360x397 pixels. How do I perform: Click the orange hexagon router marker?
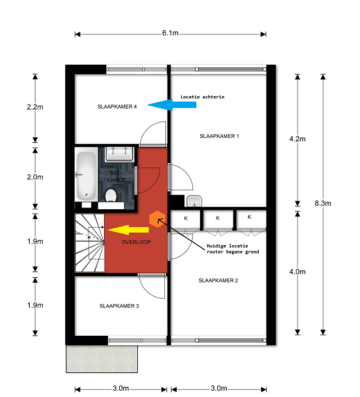[157, 219]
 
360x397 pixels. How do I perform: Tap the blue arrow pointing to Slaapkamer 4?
[172, 105]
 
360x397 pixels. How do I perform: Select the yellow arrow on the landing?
[128, 230]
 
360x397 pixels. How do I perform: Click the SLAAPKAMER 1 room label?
[219, 136]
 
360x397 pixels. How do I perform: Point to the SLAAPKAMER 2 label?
[218, 281]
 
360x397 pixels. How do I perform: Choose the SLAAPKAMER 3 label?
[119, 306]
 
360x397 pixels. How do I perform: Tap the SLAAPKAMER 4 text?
[117, 107]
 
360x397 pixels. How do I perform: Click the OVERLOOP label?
[136, 242]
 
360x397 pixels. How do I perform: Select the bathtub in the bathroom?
[86, 174]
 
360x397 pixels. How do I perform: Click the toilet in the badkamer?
[111, 196]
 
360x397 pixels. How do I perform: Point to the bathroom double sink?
[119, 154]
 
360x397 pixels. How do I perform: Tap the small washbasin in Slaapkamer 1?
[194, 201]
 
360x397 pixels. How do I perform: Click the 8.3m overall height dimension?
[323, 204]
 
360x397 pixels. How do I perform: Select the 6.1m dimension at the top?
[170, 33]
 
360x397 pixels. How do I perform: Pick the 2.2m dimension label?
[35, 107]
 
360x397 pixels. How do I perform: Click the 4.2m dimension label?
[298, 139]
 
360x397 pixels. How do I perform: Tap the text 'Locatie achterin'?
[202, 97]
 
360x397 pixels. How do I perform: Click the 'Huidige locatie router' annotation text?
[233, 249]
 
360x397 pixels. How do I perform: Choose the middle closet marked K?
[218, 218]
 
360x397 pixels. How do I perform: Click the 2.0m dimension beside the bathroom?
[35, 177]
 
